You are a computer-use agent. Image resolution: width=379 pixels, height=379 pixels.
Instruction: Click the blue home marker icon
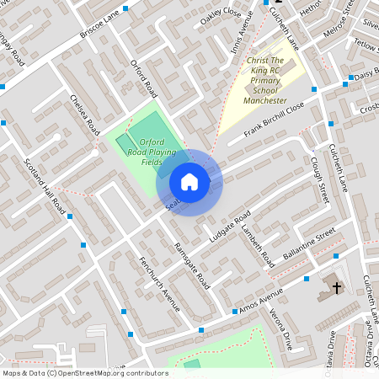click(189, 182)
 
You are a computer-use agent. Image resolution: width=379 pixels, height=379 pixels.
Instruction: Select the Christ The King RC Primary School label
click(271, 80)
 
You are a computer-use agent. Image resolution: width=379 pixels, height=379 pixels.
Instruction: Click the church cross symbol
click(337, 288)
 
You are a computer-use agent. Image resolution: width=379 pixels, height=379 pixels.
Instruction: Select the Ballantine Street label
click(309, 241)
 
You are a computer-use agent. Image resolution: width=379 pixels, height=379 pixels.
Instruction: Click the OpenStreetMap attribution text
click(85, 372)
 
